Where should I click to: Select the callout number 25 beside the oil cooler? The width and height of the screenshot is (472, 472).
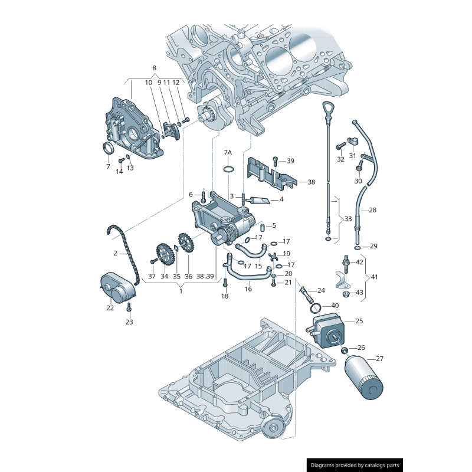point(359,322)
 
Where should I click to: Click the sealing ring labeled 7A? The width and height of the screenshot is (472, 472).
point(228,171)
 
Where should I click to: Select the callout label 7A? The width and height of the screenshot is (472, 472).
point(228,153)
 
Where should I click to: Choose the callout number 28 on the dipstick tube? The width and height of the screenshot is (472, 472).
point(372,210)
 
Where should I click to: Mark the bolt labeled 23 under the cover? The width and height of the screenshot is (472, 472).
point(129,307)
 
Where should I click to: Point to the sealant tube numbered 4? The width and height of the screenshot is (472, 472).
point(260,201)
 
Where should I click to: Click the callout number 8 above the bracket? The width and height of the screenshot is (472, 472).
point(155,68)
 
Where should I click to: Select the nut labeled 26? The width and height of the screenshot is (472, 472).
point(345,350)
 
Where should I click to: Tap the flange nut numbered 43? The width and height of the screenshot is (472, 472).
point(346,293)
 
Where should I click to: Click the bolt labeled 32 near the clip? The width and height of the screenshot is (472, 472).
point(340,146)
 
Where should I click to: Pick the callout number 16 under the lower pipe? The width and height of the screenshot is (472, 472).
point(248,289)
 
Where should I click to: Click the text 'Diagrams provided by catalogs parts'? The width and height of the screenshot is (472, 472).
point(355,466)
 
